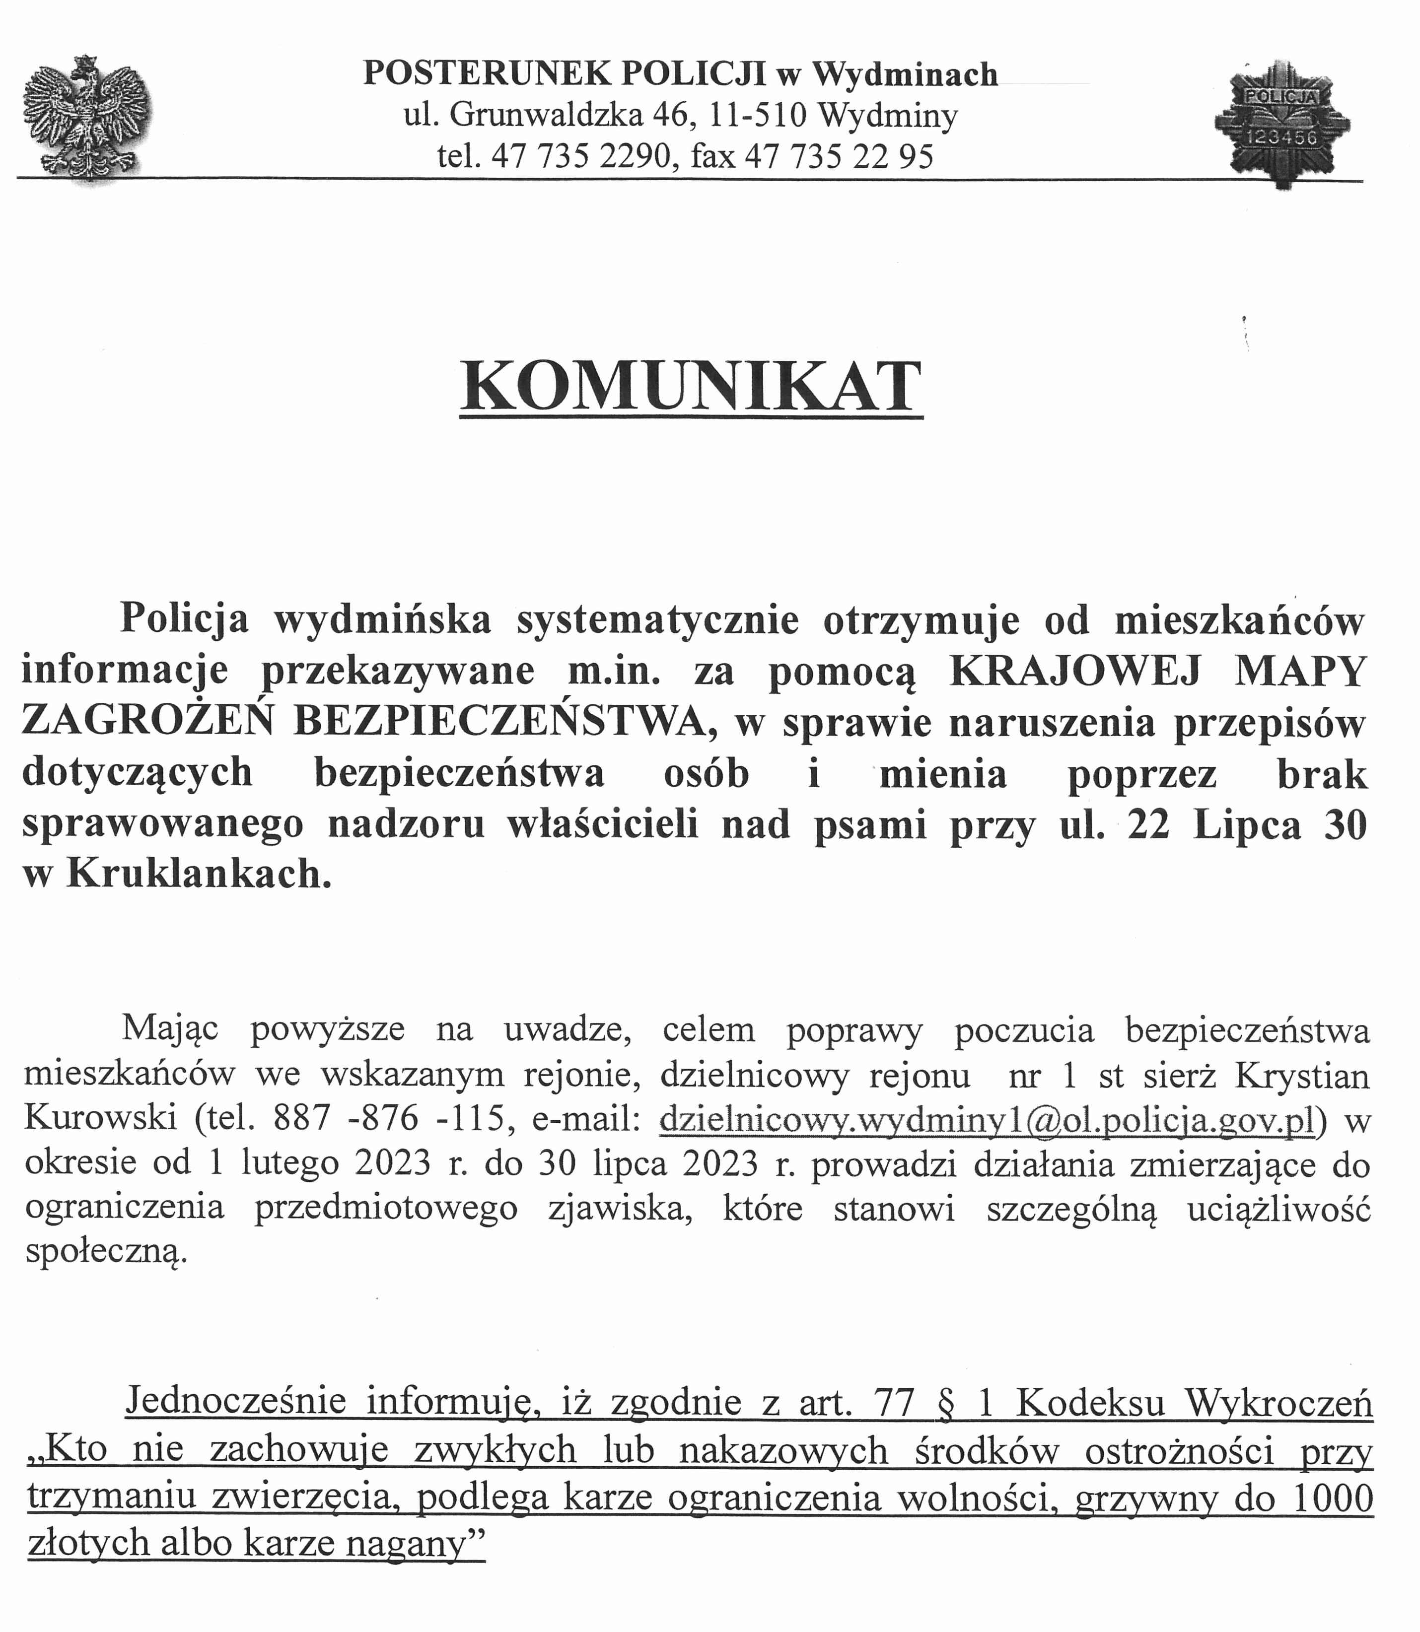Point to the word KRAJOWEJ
(x=1074, y=671)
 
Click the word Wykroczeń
(x=1278, y=1402)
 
